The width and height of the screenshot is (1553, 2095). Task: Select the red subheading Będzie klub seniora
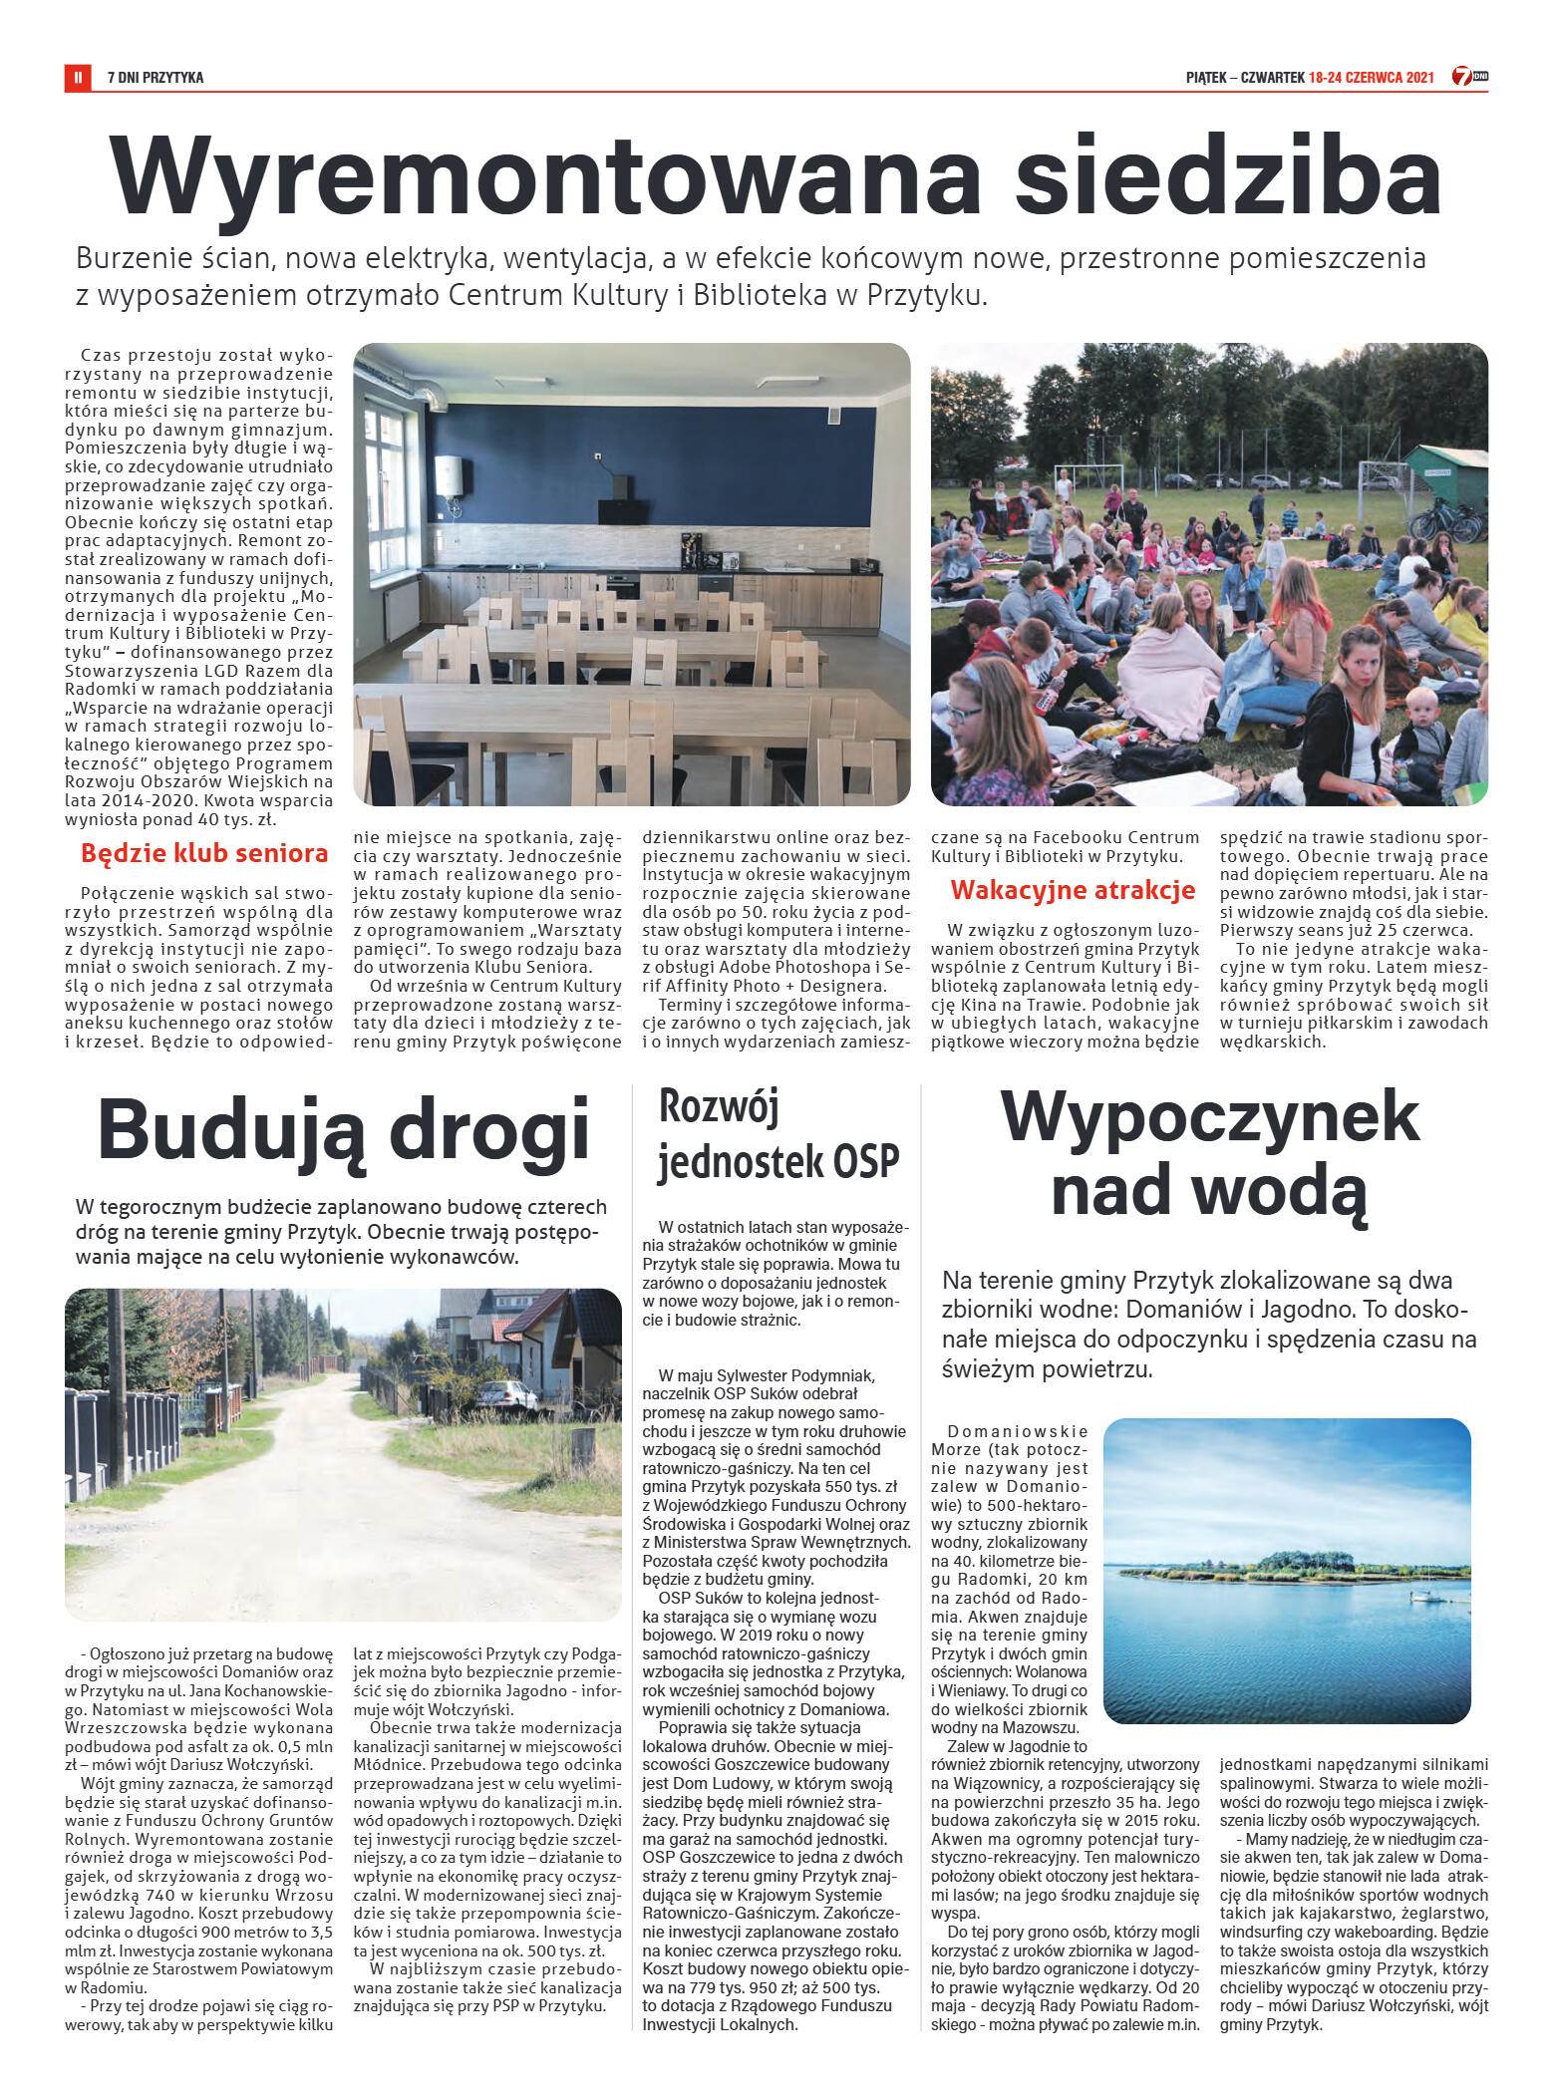[204, 853]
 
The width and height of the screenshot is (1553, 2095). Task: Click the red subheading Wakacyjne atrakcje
[1073, 890]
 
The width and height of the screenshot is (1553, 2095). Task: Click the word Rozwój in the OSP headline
[719, 1106]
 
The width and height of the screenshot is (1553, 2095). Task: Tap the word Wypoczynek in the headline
[1209, 1116]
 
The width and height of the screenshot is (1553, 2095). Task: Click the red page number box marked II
[77, 77]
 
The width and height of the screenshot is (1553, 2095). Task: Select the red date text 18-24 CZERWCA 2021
[1371, 77]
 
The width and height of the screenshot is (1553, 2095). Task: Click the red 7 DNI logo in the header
[1468, 76]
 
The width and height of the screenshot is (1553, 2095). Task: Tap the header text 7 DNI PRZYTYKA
[155, 77]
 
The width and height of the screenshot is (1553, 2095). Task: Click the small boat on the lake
[1425, 1597]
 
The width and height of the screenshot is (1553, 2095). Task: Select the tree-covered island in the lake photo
[1296, 1565]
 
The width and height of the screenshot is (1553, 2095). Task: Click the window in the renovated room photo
[385, 488]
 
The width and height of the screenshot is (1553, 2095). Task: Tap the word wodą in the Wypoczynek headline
[1286, 1191]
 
